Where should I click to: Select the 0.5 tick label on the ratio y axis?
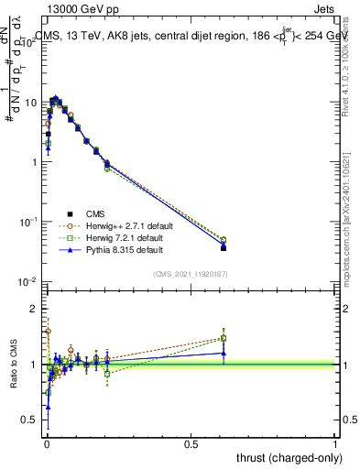[29, 420]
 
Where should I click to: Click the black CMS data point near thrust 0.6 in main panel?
[224, 247]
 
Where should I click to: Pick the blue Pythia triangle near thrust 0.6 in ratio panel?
[224, 353]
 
